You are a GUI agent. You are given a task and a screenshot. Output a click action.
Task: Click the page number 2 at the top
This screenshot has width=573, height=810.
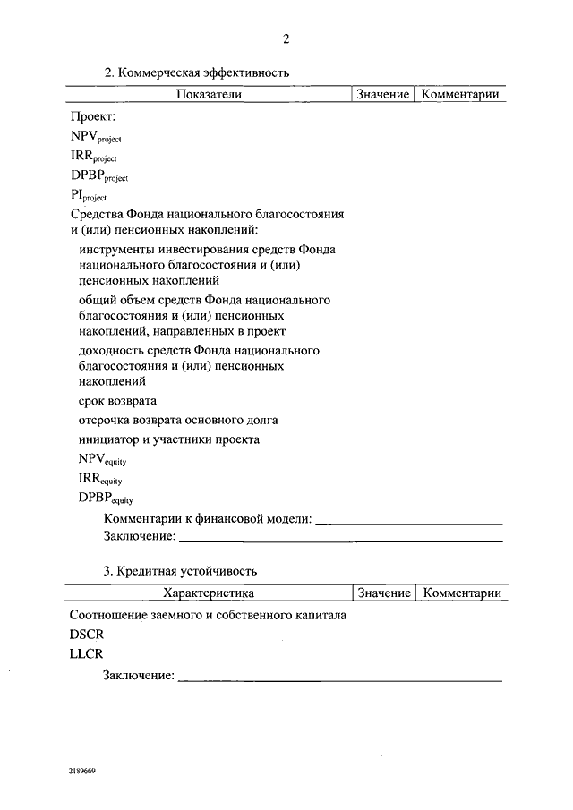286,38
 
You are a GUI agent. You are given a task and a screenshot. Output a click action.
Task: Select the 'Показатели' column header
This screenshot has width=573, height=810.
209,94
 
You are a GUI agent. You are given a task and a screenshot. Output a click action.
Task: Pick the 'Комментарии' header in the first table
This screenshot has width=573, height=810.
460,94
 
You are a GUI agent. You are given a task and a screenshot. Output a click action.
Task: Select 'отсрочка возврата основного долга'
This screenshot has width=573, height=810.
178,420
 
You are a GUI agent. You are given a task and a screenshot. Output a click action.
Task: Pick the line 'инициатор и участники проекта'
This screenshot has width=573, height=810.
169,439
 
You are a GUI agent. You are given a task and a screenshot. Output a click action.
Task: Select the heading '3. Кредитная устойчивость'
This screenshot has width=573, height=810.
181,570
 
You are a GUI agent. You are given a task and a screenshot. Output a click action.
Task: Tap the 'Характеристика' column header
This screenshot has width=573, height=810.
209,593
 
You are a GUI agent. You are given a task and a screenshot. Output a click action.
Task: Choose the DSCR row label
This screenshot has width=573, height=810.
87,634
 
